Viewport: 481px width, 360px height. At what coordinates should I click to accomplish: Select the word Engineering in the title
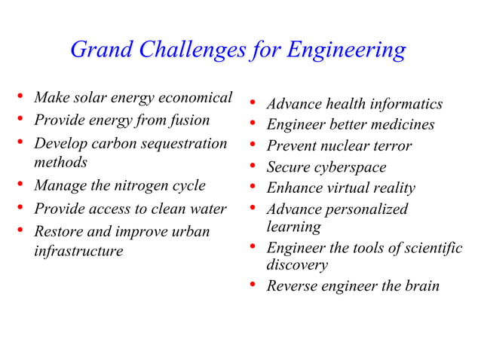(348, 51)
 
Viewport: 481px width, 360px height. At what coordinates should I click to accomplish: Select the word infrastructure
(78, 251)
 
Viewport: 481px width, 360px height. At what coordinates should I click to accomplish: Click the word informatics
(406, 104)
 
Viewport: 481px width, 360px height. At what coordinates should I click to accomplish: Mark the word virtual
(354, 188)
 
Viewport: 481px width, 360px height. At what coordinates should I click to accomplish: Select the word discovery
(297, 265)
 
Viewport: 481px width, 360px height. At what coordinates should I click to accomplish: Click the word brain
(421, 286)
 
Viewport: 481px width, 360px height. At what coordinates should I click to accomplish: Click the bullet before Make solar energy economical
(21, 98)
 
